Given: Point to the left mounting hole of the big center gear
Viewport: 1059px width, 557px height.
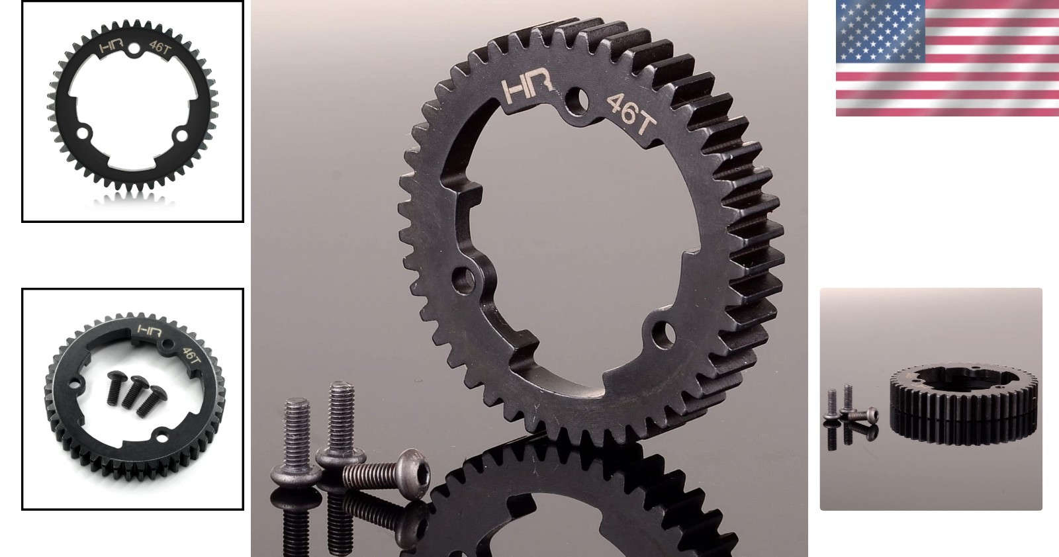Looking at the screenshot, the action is point(463,279).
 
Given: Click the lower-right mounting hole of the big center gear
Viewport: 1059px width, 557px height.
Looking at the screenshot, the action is point(663,334).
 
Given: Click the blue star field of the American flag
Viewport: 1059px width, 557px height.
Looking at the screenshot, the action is point(880,32).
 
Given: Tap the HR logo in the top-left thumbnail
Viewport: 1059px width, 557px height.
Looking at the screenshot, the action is point(111,47).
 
